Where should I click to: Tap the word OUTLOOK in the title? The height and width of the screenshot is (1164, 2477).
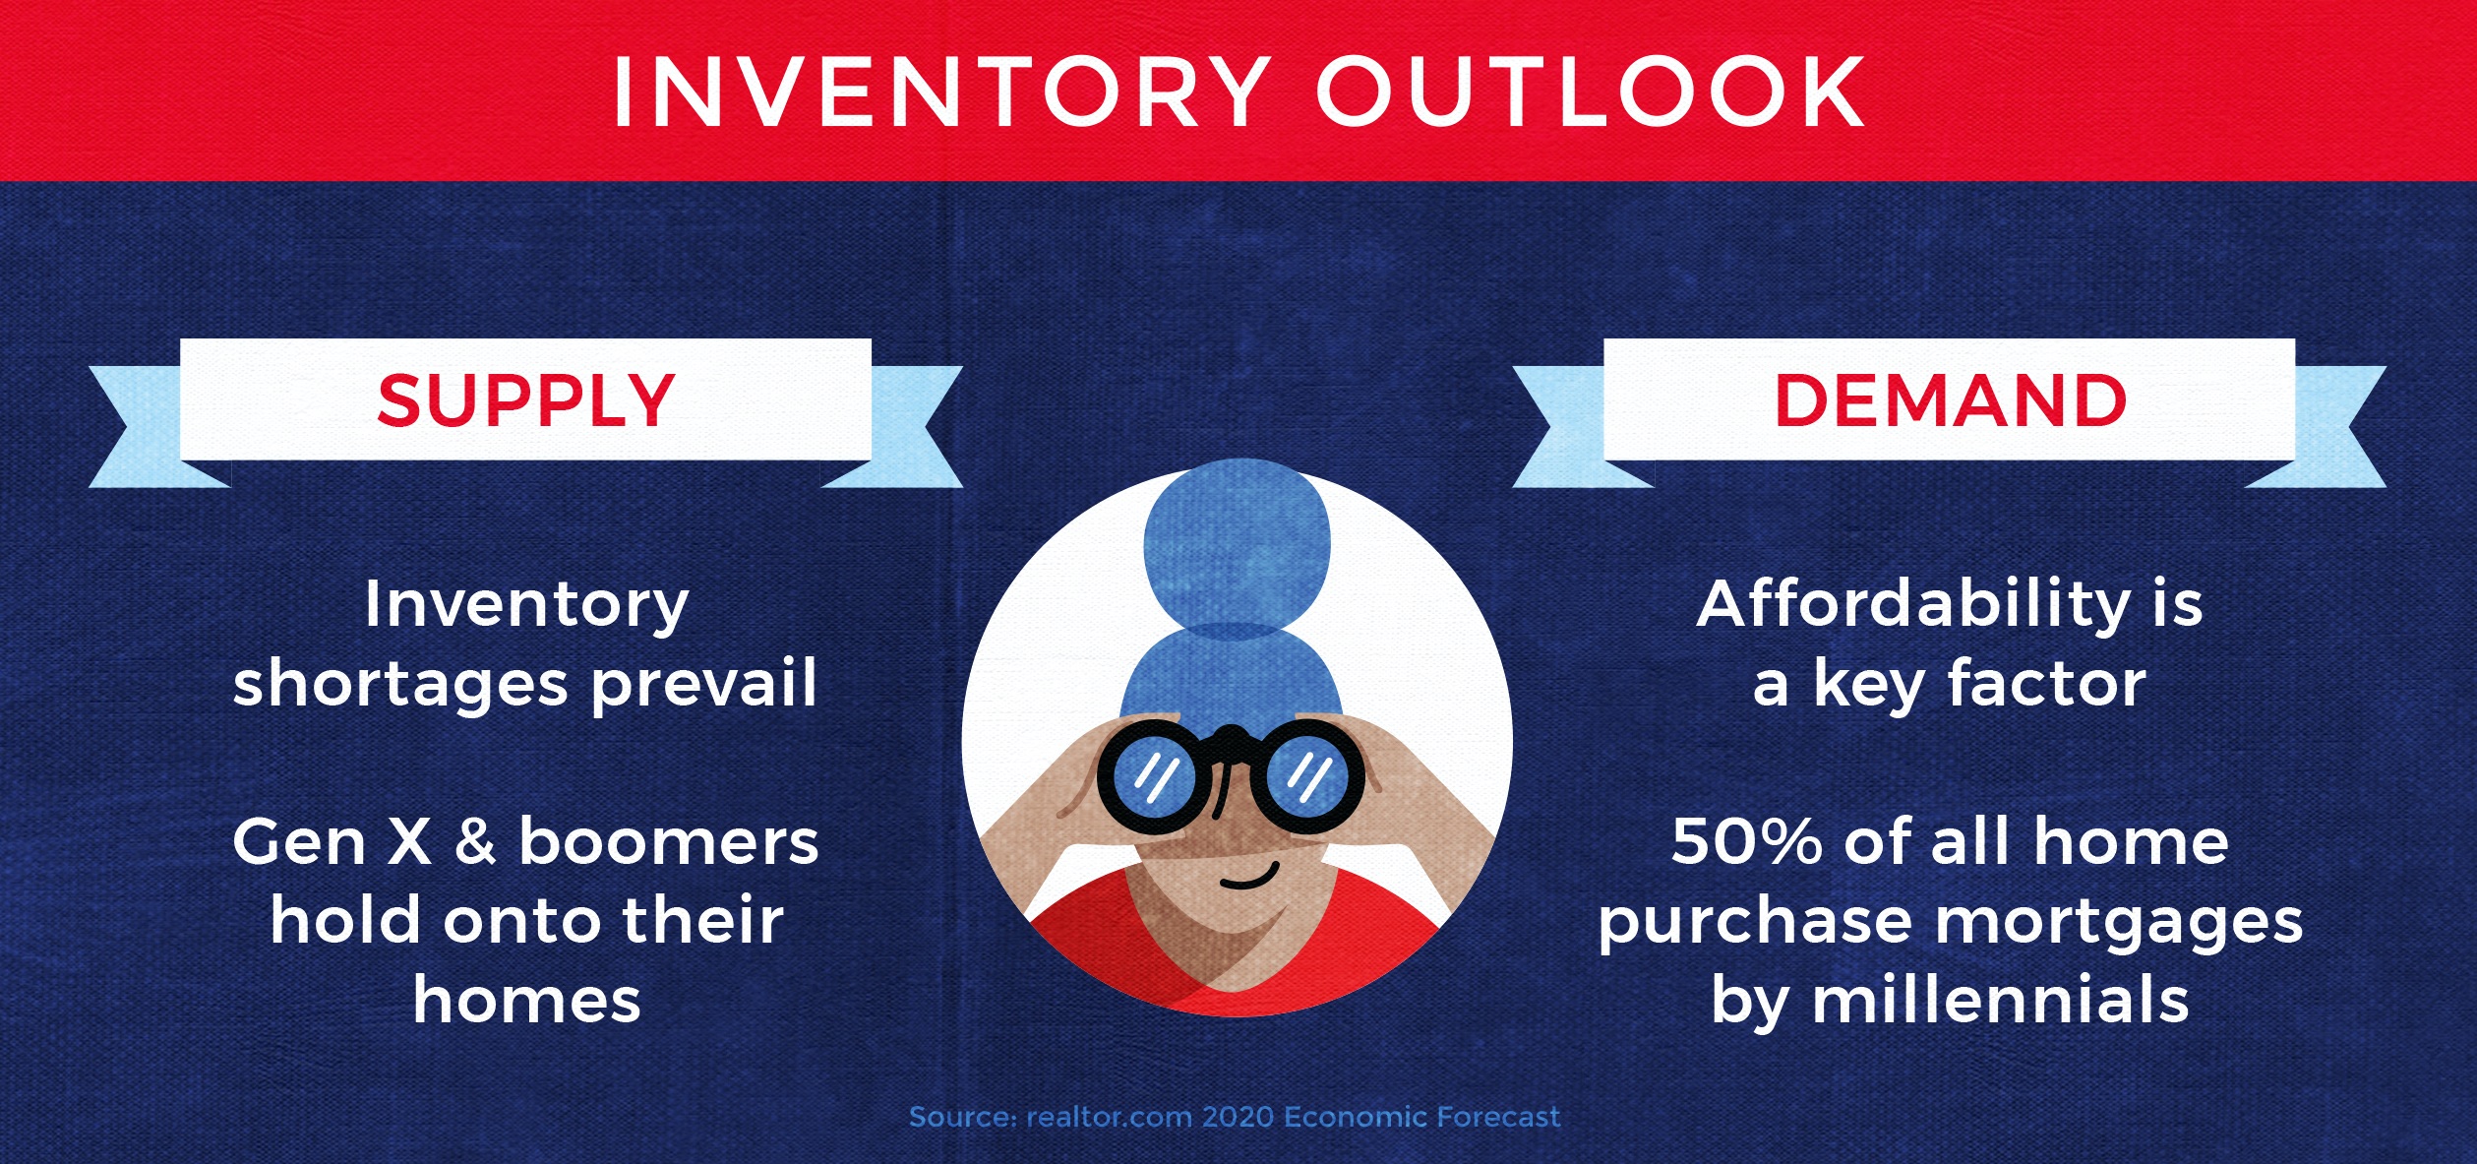click(x=1590, y=92)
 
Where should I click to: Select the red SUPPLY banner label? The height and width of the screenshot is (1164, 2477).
click(x=526, y=400)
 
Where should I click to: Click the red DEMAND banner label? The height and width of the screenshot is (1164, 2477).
click(x=1950, y=400)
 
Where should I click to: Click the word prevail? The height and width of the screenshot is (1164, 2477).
click(x=704, y=683)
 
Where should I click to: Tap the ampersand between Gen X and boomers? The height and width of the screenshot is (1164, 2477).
click(x=475, y=841)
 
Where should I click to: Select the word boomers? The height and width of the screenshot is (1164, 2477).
click(x=669, y=840)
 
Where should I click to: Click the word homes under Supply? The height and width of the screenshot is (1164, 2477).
click(x=527, y=1000)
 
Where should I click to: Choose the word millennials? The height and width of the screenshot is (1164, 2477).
click(x=2001, y=1000)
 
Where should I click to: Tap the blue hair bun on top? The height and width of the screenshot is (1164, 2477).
click(x=1237, y=546)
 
